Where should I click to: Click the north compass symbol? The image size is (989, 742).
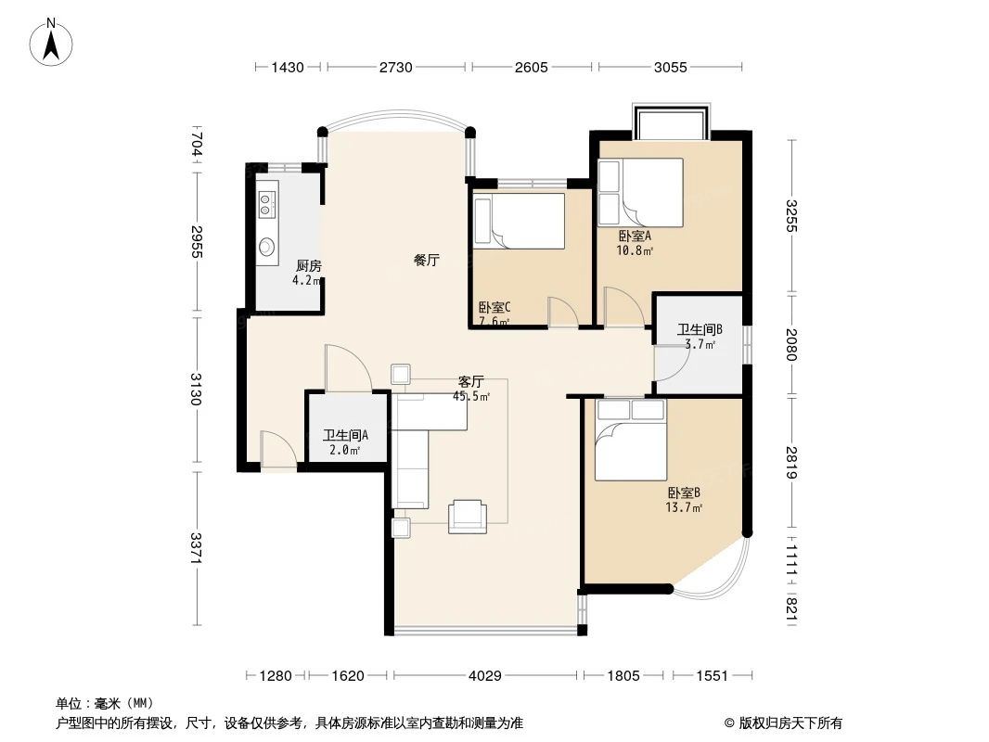pyautogui.click(x=51, y=42)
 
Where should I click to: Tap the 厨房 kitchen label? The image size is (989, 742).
pyautogui.click(x=308, y=266)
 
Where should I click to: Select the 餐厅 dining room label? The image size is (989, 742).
pyautogui.click(x=426, y=261)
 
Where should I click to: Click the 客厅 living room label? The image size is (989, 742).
pyautogui.click(x=471, y=381)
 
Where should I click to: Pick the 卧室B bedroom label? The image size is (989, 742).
pyautogui.click(x=683, y=493)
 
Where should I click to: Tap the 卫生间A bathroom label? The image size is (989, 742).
pyautogui.click(x=345, y=435)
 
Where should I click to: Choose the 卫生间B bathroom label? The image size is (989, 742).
pyautogui.click(x=699, y=329)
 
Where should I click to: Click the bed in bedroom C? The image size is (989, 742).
pyautogui.click(x=519, y=221)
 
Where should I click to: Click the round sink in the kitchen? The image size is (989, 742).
pyautogui.click(x=267, y=247)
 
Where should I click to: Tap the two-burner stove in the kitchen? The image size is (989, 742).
pyautogui.click(x=267, y=204)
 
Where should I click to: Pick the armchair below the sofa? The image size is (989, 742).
pyautogui.click(x=467, y=516)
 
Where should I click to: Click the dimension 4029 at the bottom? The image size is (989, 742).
pyautogui.click(x=484, y=676)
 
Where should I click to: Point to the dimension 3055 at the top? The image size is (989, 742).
pyautogui.click(x=670, y=67)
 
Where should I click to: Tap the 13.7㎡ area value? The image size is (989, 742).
pyautogui.click(x=683, y=508)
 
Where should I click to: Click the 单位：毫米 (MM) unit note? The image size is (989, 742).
pyautogui.click(x=104, y=703)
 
